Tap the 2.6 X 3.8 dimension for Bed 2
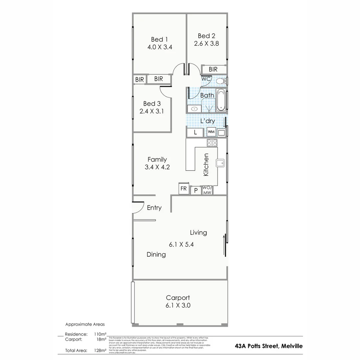tap(207, 43)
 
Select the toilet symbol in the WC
tap(221, 81)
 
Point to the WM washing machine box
tap(211, 132)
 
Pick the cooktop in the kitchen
tap(212, 143)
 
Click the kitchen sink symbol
tap(220, 163)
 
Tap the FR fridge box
tap(184, 188)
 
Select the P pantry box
tap(196, 191)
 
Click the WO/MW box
tap(207, 190)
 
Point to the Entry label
tap(154, 208)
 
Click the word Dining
tap(156, 255)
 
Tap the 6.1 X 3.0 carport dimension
tap(178, 305)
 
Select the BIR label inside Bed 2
tap(213, 69)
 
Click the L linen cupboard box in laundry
tap(196, 132)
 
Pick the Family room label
tap(157, 160)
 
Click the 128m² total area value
tap(100, 350)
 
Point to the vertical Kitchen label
tap(206, 165)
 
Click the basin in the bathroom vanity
tap(194, 108)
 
